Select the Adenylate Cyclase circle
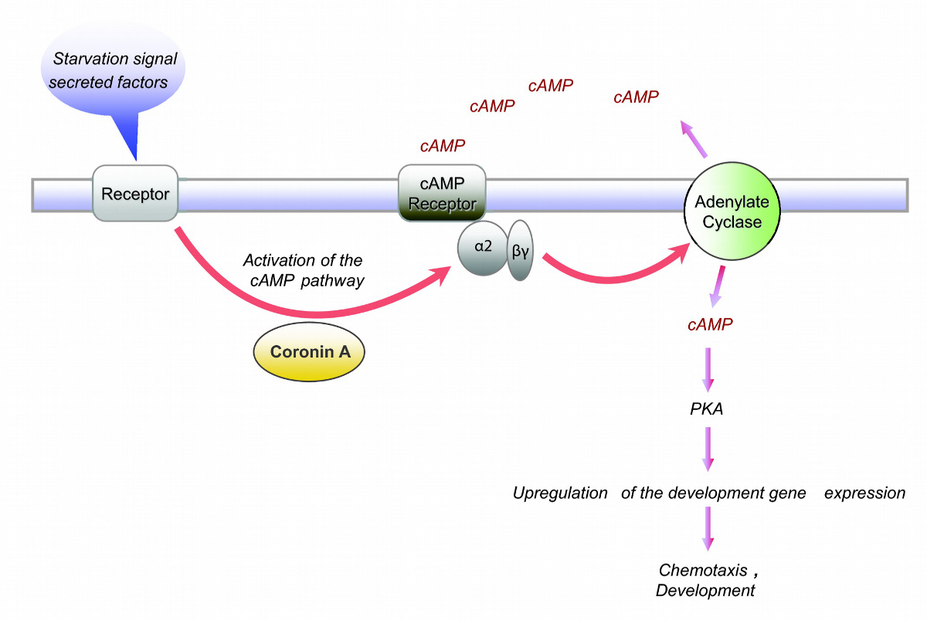tap(728, 212)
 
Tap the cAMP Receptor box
tap(442, 194)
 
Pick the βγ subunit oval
tap(521, 249)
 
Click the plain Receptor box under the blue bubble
tap(135, 193)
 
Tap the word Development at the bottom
tap(705, 591)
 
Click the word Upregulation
tap(560, 493)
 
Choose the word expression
tap(864, 493)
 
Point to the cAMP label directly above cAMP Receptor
tap(443, 145)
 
